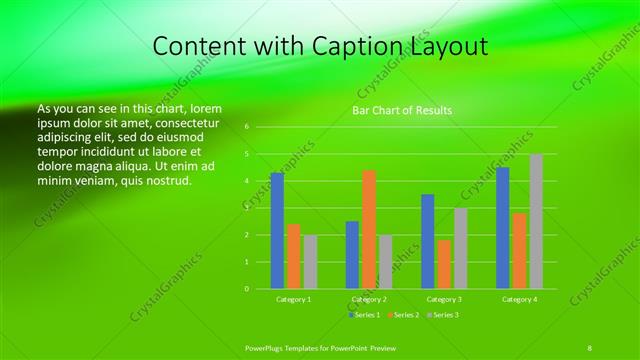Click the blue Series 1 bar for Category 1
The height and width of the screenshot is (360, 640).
(x=277, y=231)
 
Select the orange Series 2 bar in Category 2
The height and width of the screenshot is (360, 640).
(x=369, y=229)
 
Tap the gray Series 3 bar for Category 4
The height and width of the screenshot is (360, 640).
(x=536, y=221)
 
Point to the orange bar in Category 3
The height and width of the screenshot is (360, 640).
(x=444, y=264)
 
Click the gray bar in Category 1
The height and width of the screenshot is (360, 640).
(x=310, y=262)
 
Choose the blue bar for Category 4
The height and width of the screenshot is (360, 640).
(x=503, y=228)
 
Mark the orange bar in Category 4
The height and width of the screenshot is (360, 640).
(x=519, y=251)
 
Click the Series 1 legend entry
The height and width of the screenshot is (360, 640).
(x=366, y=315)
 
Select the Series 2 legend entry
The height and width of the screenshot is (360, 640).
(x=405, y=315)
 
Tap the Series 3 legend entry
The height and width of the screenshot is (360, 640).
(x=444, y=315)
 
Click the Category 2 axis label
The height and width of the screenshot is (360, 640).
(x=369, y=299)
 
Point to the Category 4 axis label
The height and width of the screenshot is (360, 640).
(x=519, y=299)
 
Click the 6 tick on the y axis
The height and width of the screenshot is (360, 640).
(x=246, y=127)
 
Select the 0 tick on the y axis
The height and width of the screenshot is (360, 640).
(x=246, y=289)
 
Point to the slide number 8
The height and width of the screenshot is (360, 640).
(x=589, y=346)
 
